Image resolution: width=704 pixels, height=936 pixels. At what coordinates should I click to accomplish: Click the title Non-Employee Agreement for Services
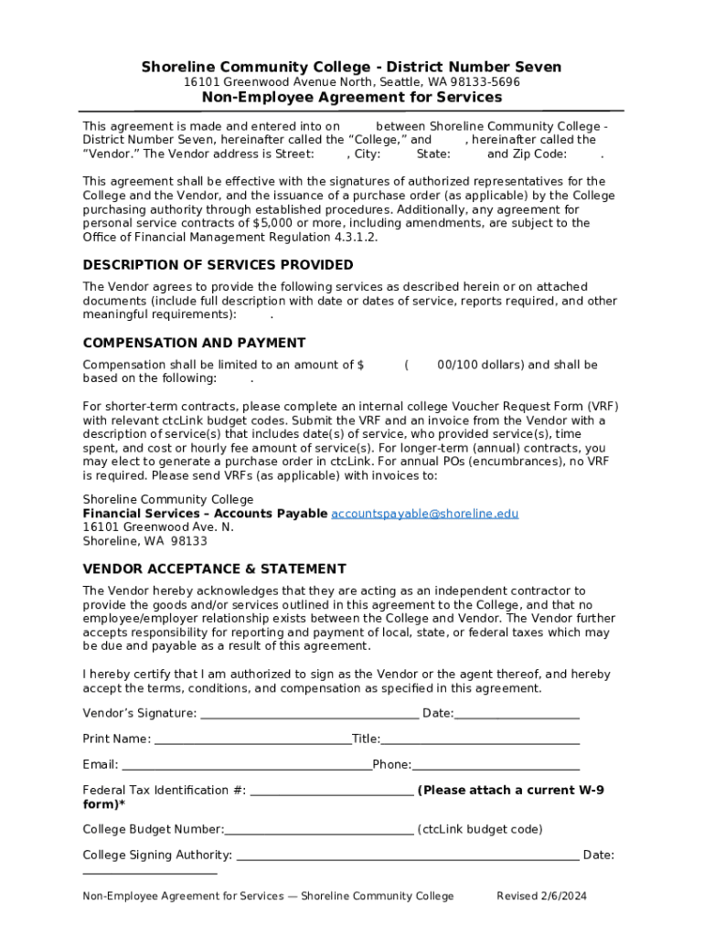pos(352,97)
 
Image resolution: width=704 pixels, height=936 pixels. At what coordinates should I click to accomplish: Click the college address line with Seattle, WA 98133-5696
pos(352,82)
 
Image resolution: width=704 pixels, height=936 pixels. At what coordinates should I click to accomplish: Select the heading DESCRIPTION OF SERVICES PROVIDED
pos(218,265)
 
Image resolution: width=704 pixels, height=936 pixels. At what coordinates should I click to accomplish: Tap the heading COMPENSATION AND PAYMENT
pos(194,343)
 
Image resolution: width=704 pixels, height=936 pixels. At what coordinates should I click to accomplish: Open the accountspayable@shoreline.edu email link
pos(424,514)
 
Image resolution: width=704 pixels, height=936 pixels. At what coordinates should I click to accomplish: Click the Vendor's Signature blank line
pos(309,714)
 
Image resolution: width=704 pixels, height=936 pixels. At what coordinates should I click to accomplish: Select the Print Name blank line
pos(252,739)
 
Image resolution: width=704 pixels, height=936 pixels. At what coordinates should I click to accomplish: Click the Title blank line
pos(480,739)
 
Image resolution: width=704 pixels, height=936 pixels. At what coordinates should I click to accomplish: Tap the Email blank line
pos(247,765)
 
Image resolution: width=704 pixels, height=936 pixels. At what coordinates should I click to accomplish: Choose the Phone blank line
pos(496,765)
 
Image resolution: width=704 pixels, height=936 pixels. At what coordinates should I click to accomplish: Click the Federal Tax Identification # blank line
pos(331,791)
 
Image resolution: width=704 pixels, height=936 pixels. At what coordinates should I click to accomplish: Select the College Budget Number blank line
pos(319,830)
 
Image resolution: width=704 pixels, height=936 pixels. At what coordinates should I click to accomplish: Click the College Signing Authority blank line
pos(407,856)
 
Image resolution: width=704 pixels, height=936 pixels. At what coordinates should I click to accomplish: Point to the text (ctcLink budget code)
pos(480,830)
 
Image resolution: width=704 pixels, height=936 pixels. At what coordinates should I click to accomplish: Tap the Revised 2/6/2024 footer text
pos(541,896)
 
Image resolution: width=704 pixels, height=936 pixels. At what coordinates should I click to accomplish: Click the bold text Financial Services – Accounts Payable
pos(205,514)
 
